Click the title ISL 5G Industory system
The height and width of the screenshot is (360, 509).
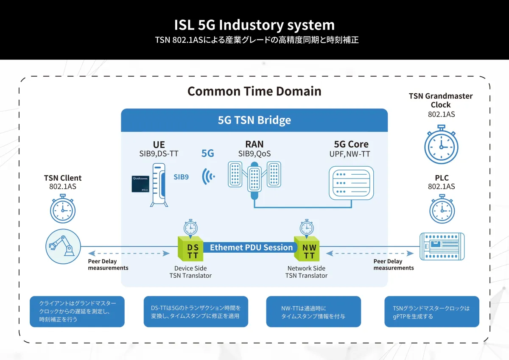click(254, 25)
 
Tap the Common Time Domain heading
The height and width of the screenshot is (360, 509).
click(254, 91)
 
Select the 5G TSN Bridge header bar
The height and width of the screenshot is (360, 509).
click(254, 120)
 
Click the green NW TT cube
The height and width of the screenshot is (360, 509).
click(309, 248)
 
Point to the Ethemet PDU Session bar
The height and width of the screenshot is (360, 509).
click(252, 248)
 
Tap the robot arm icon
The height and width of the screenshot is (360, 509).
click(63, 246)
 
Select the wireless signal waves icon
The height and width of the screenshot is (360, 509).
click(208, 176)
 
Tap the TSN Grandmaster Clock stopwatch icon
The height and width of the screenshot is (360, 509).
click(441, 145)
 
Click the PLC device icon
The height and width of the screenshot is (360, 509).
click(442, 246)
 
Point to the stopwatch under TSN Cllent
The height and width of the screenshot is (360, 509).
click(63, 209)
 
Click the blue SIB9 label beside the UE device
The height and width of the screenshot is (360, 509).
click(181, 177)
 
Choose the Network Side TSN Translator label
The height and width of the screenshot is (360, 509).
click(306, 272)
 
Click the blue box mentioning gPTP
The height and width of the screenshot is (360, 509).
click(431, 312)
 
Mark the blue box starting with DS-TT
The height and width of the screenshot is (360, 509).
click(196, 312)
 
